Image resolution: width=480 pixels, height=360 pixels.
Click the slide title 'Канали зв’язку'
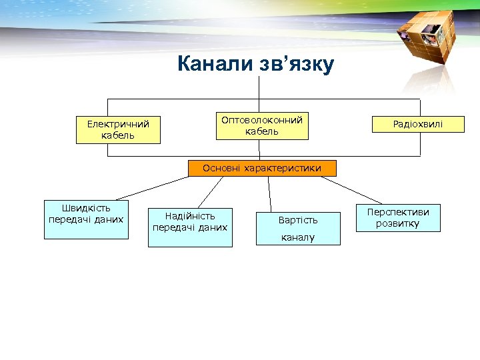255,65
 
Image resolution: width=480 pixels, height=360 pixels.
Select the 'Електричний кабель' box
118,129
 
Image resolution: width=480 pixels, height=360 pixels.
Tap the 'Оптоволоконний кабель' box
262,125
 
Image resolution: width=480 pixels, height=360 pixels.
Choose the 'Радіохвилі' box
418,124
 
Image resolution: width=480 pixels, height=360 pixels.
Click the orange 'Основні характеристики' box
262,168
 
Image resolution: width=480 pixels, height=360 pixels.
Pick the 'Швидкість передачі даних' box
86,213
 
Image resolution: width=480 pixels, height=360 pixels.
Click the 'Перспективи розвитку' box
397,217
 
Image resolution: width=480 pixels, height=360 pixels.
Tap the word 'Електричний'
118,123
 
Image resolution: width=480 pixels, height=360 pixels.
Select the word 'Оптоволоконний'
262,120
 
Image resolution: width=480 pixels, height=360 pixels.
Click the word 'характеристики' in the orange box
283,168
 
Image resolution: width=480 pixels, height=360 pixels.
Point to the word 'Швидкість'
86,208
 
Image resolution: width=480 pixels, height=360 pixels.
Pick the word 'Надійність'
190,216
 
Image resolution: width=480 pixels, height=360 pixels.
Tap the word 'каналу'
298,237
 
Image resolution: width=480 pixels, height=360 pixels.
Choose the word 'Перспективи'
398,212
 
